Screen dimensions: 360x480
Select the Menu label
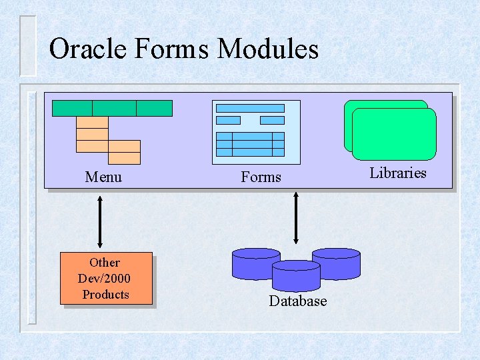[x=103, y=177]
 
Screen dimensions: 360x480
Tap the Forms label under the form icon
[x=261, y=177]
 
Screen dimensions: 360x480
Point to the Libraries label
[x=398, y=173]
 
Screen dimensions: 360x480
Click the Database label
[x=297, y=301]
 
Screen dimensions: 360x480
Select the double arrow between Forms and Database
[x=296, y=218]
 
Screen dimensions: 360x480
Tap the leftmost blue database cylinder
[x=255, y=264]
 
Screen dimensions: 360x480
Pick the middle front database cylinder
[x=296, y=275]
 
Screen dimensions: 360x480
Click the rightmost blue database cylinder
[x=336, y=264]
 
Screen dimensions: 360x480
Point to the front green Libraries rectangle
[x=393, y=134]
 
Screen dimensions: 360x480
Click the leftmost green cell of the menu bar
[x=72, y=108]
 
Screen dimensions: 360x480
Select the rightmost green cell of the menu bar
[x=154, y=108]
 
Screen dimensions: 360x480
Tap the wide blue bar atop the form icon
[x=250, y=108]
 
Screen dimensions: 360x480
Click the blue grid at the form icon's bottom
[x=250, y=143]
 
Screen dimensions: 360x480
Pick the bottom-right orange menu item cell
[x=124, y=158]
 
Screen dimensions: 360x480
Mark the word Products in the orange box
[x=105, y=294]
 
